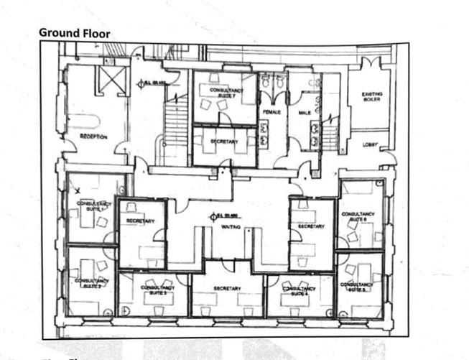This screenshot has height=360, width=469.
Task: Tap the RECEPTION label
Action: (93, 137)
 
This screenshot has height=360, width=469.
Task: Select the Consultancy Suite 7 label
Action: (225, 91)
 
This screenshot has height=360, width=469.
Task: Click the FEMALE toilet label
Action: (271, 112)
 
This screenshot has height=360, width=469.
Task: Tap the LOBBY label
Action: (370, 144)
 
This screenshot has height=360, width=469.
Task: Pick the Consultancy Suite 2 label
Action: (91, 282)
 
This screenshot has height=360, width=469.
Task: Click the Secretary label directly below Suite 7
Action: (224, 142)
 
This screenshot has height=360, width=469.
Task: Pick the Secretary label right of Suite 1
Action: (140, 221)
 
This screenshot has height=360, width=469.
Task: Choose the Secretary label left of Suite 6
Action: (311, 226)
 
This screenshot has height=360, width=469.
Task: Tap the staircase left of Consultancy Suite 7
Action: (177, 122)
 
